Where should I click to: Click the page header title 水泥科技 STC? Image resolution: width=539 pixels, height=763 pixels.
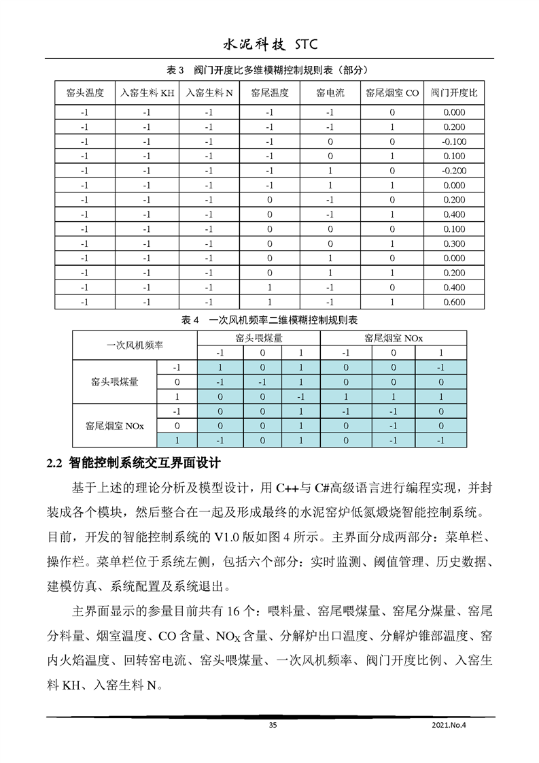tap(270, 45)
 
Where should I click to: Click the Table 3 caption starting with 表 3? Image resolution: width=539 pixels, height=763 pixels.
tap(269, 69)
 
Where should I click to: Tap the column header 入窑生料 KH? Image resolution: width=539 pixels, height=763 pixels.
tap(147, 93)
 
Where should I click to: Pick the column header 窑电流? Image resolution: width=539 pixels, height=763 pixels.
tap(330, 93)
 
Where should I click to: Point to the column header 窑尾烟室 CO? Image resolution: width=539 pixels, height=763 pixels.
tap(392, 93)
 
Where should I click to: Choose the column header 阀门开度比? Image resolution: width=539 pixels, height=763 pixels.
tap(454, 93)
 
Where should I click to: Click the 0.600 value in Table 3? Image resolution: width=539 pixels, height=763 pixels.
tap(454, 303)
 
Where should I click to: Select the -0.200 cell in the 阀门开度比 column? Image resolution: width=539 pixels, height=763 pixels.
tap(454, 171)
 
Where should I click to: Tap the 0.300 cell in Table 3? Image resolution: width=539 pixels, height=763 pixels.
tap(454, 244)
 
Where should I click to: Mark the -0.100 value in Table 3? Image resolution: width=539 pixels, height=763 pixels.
tap(454, 141)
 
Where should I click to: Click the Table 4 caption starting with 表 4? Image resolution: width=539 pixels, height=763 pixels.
tap(269, 320)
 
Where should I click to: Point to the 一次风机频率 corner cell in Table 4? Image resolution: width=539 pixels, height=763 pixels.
tap(135, 345)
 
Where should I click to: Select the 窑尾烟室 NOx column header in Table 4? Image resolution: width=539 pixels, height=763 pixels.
tap(393, 338)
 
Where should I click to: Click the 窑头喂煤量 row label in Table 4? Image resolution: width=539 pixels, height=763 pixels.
tap(114, 382)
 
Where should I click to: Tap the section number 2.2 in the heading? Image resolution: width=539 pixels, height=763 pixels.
tap(54, 464)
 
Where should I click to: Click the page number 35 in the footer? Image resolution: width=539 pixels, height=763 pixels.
tap(273, 726)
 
